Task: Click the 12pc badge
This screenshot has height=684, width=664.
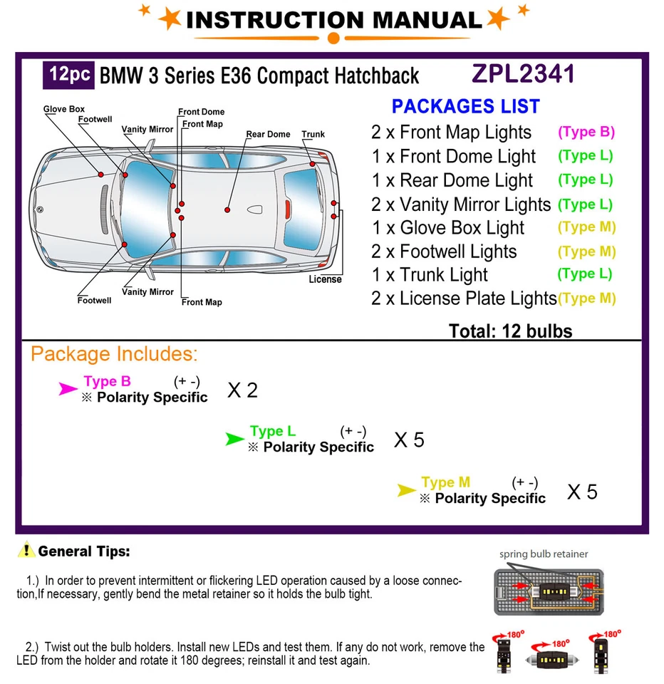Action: tap(69, 75)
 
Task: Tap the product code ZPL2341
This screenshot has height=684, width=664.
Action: tap(522, 74)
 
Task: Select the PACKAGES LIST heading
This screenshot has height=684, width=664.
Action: tap(465, 106)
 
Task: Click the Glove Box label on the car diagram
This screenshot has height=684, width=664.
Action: tap(64, 109)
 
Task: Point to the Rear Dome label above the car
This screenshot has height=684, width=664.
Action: tap(268, 134)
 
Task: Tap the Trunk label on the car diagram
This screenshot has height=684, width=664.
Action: tap(313, 134)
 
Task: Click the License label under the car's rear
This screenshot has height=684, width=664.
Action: tap(325, 279)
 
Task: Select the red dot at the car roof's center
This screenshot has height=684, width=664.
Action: tap(227, 209)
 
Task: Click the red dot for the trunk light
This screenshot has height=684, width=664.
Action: tap(312, 165)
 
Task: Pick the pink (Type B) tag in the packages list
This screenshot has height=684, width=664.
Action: tap(586, 132)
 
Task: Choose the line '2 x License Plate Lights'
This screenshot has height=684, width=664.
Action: tap(463, 299)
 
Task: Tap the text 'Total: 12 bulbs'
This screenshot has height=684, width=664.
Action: tap(510, 331)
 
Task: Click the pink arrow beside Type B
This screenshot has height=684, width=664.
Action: tap(68, 388)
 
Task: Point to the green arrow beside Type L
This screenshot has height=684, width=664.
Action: tap(234, 439)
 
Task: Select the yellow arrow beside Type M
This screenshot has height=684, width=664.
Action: tap(406, 490)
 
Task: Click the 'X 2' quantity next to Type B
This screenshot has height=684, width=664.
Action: tap(242, 390)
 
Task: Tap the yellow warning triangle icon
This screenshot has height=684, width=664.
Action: tap(26, 550)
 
